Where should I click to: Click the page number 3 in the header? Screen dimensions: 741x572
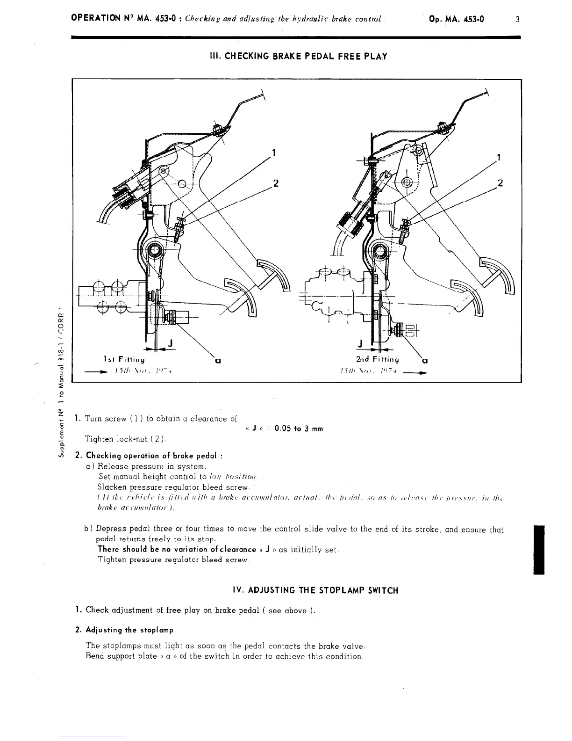(x=517, y=19)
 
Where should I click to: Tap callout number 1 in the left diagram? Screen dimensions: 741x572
(x=274, y=153)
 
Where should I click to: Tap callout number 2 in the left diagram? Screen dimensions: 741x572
(x=276, y=183)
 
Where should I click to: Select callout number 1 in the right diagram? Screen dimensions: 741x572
(x=499, y=158)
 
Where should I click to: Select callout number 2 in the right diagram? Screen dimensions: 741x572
(x=500, y=182)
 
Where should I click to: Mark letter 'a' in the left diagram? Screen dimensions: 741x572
(x=217, y=361)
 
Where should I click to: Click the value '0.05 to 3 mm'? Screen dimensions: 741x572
(x=299, y=429)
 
